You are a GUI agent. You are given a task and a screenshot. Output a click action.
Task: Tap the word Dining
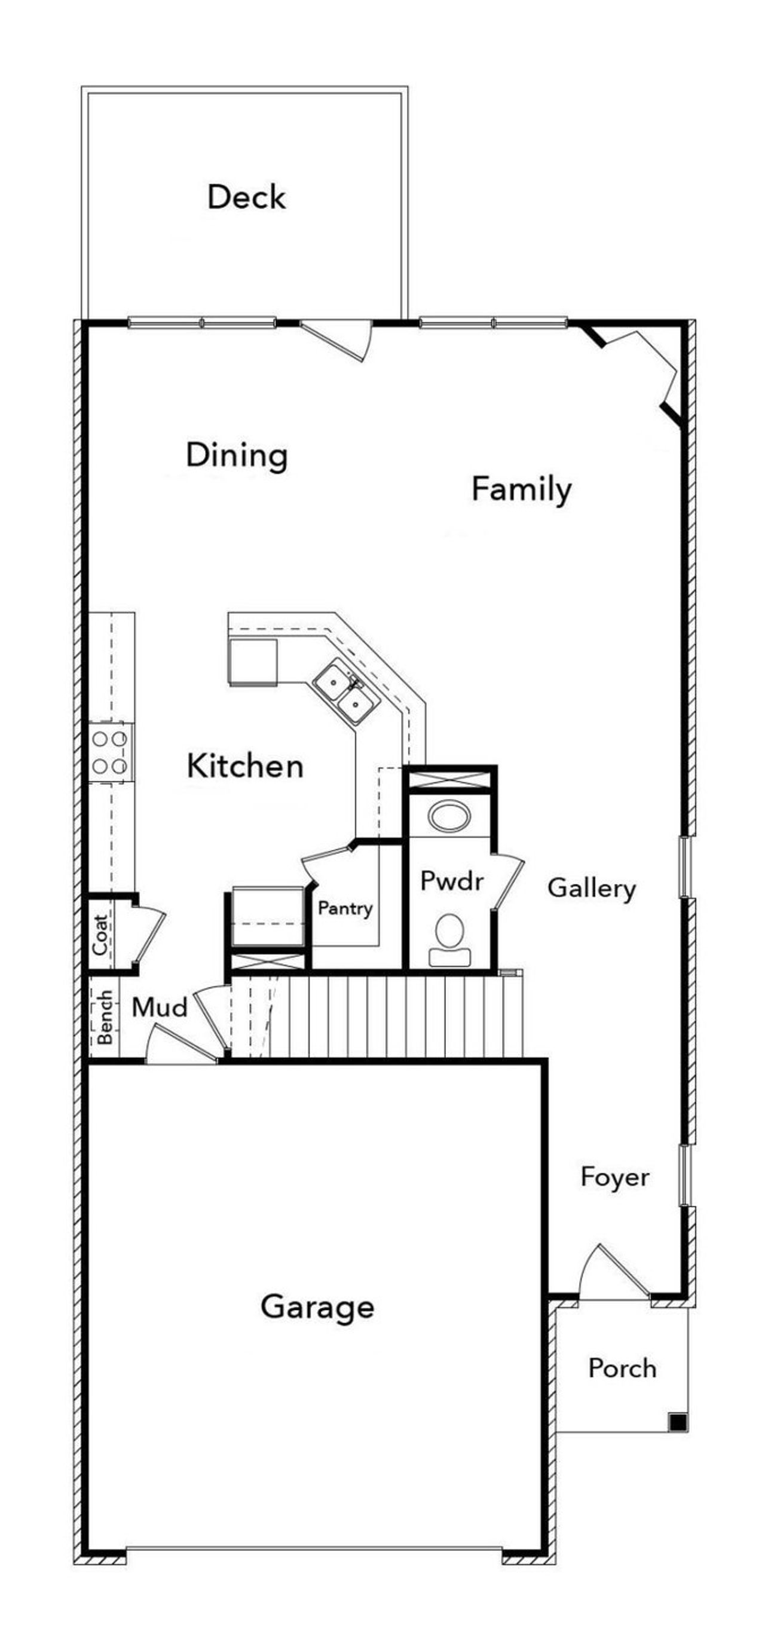pyautogui.click(x=237, y=455)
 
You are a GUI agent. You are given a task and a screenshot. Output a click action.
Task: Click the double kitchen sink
pyautogui.click(x=345, y=691)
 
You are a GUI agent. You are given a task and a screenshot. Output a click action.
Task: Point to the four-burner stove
pyautogui.click(x=111, y=752)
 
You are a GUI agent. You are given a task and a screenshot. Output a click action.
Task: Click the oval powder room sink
pyautogui.click(x=449, y=816)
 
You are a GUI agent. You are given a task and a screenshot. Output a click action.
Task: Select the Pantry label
pyautogui.click(x=345, y=908)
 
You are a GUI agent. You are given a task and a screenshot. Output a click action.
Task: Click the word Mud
pyautogui.click(x=159, y=1008)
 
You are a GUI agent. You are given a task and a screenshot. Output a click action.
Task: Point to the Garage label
pyautogui.click(x=317, y=1306)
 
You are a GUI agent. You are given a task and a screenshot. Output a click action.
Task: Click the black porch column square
pyautogui.click(x=678, y=1422)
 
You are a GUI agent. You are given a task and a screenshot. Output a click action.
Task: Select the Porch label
pyautogui.click(x=622, y=1368)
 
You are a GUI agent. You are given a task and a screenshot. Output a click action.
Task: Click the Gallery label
pyautogui.click(x=590, y=888)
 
